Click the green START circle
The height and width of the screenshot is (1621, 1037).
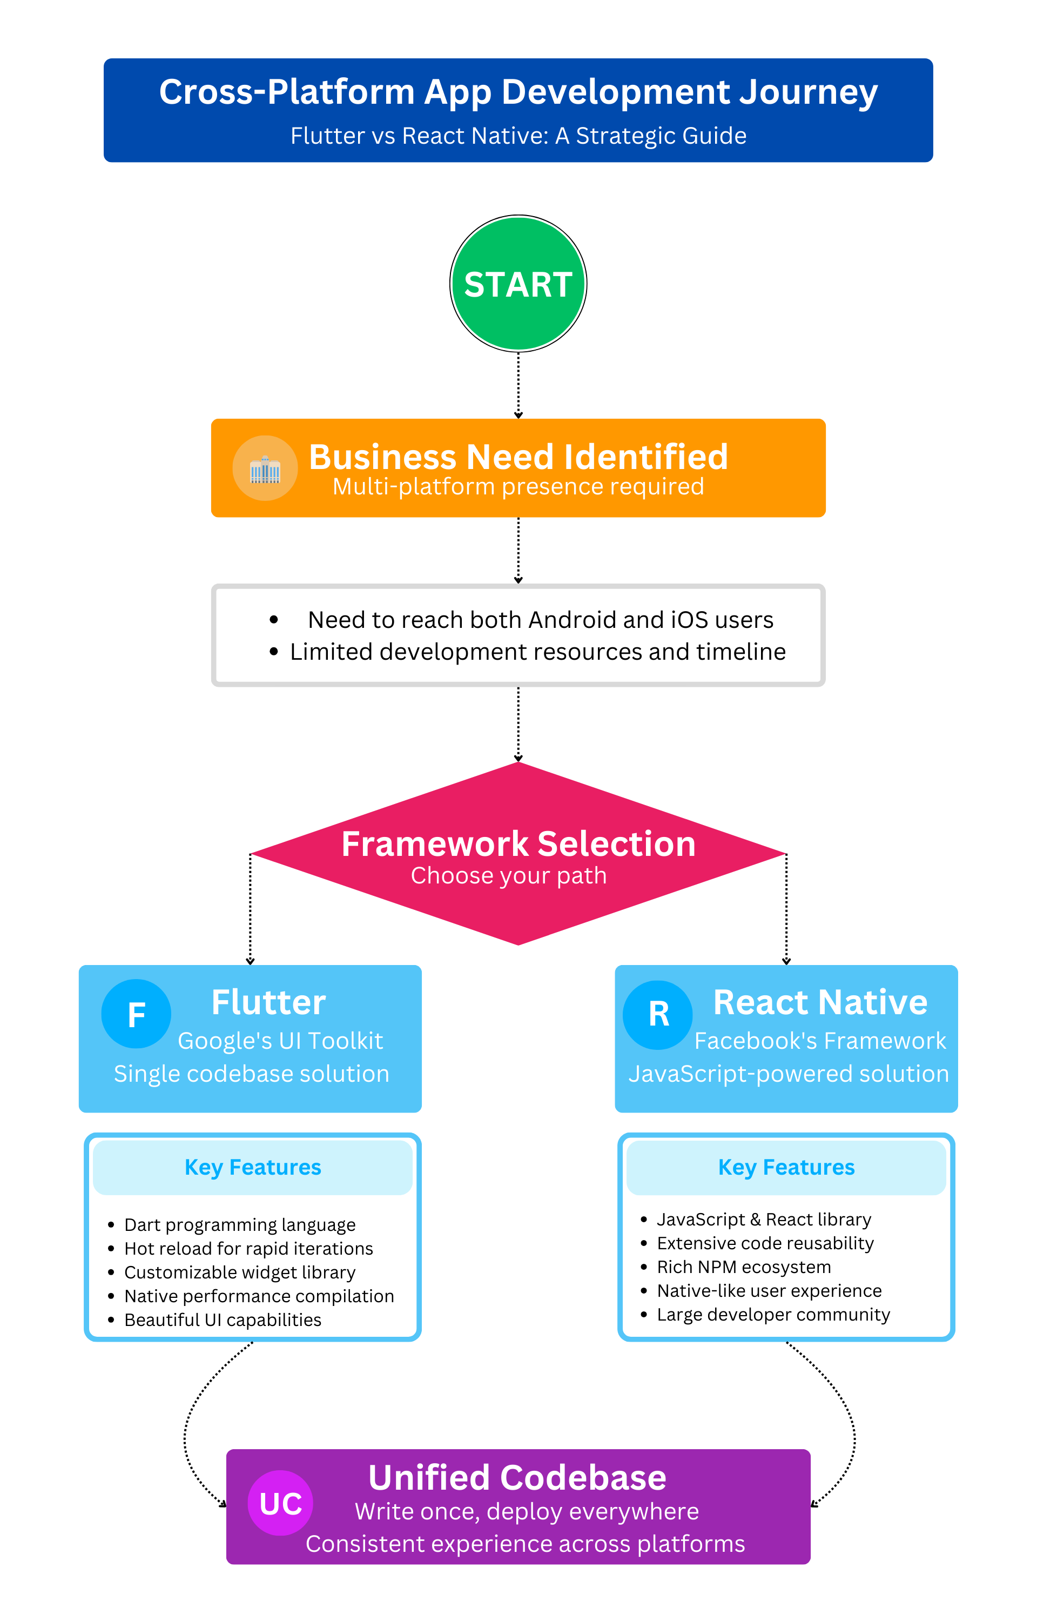[518, 284]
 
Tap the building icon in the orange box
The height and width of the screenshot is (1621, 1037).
[265, 470]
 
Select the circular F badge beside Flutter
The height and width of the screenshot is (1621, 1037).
[136, 1014]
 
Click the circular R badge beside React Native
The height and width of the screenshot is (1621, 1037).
[658, 1014]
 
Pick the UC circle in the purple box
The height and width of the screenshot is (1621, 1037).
[280, 1503]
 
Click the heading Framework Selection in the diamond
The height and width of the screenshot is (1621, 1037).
[518, 844]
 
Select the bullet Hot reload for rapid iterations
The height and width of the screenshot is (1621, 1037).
[248, 1249]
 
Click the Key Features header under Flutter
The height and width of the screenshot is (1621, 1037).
[253, 1167]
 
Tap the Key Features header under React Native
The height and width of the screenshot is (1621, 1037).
[786, 1167]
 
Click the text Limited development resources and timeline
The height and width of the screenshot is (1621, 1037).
[537, 652]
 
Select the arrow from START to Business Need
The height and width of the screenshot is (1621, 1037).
[518, 385]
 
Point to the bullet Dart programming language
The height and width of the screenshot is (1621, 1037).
[240, 1225]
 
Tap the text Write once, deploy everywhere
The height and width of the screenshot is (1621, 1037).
[527, 1512]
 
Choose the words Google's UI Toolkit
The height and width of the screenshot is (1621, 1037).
[280, 1041]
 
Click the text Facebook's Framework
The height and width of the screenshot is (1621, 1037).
[820, 1041]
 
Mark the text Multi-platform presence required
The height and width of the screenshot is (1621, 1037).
[518, 486]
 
